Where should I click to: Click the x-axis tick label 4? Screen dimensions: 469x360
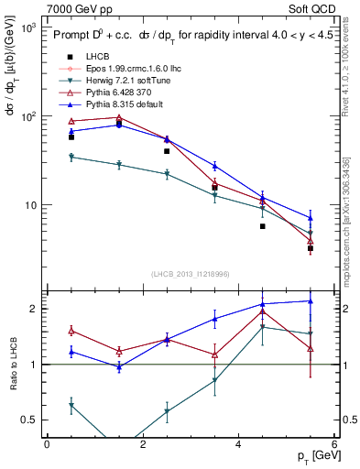tap(238, 444)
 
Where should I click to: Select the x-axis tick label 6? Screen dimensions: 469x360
tap(333, 444)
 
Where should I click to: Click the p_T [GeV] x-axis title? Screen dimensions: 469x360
tap(311, 455)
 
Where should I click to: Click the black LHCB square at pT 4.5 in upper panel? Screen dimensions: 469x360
tap(262, 226)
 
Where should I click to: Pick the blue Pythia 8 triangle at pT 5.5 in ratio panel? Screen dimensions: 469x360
tap(311, 300)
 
